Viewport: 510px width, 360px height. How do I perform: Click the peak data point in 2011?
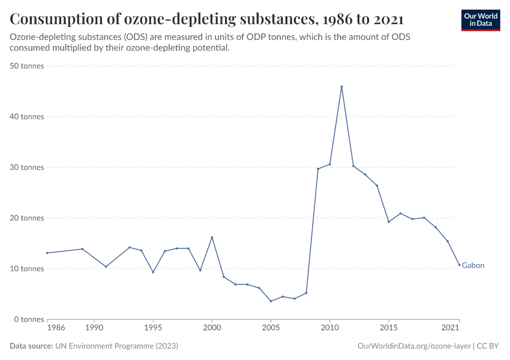coord(341,86)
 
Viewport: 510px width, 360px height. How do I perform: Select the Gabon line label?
coord(473,265)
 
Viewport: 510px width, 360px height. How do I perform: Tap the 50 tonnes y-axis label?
coord(28,66)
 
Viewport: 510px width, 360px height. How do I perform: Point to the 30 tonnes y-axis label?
coord(28,167)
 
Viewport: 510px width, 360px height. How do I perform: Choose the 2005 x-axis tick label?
coord(271,328)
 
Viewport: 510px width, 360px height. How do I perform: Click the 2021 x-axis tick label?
coord(451,328)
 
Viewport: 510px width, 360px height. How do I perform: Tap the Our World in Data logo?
coord(480,20)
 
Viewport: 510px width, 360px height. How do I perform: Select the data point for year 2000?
coord(212,237)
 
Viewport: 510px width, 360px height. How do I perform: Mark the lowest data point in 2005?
coord(271,301)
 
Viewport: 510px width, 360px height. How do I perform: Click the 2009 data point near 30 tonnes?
coord(318,169)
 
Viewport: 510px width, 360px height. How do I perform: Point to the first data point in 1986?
coord(47,253)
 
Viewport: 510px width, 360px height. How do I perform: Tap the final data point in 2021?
coord(459,265)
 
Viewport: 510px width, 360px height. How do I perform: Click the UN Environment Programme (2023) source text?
coord(116,346)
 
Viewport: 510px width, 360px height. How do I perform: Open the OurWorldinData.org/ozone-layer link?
coord(413,346)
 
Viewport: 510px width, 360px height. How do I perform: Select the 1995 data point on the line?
coord(153,272)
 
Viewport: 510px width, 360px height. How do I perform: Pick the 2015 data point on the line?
coord(389,221)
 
